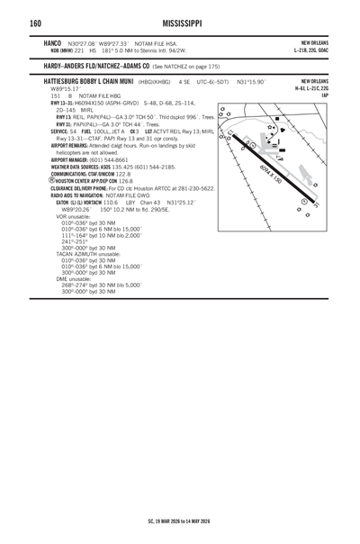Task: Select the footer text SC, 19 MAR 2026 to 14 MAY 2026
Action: point(179,520)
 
